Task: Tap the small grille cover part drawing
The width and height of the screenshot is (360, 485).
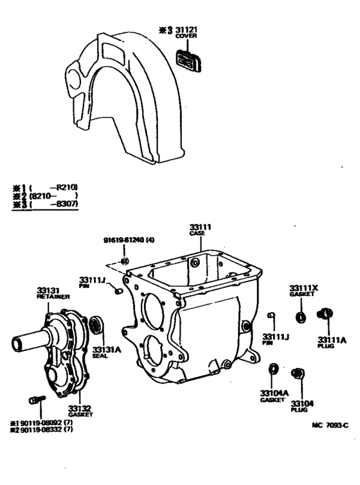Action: (x=188, y=62)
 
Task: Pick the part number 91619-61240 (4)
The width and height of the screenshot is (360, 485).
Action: (x=129, y=241)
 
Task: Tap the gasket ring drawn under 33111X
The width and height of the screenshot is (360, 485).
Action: (x=300, y=316)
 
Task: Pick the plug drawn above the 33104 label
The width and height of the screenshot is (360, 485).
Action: (x=297, y=373)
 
